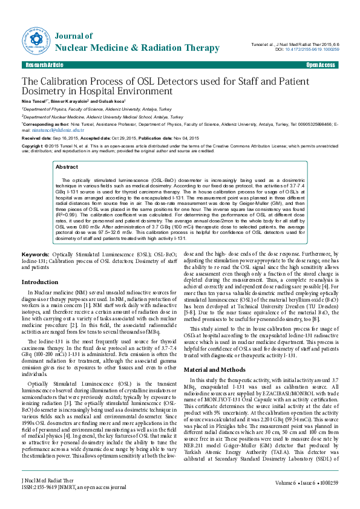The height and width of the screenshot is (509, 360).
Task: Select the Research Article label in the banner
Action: (44, 65)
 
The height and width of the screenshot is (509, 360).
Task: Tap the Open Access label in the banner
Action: (320, 65)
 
